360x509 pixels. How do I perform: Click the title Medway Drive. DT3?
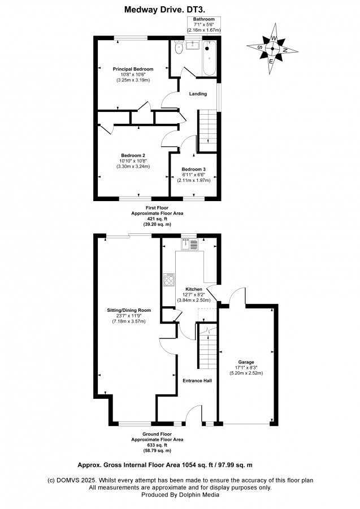click(x=164, y=10)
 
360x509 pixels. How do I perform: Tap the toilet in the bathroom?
click(x=179, y=47)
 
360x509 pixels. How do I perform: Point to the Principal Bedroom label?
click(x=133, y=69)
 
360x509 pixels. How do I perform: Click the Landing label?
click(x=198, y=94)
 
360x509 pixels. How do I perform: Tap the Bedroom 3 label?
click(x=193, y=169)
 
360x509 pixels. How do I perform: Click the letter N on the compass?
click(x=285, y=50)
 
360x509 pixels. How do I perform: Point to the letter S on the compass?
click(x=260, y=47)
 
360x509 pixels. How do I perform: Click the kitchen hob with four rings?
click(x=169, y=280)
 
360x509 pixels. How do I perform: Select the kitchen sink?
click(x=189, y=244)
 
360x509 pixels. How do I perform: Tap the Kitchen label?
click(x=194, y=289)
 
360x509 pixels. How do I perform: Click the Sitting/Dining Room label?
click(x=129, y=310)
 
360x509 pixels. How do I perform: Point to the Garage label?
click(x=246, y=362)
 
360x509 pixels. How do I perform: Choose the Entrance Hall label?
click(x=197, y=381)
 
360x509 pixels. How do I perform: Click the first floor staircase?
click(x=207, y=130)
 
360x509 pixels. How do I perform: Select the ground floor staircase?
click(x=207, y=347)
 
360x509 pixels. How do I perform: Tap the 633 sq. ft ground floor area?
click(x=157, y=445)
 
